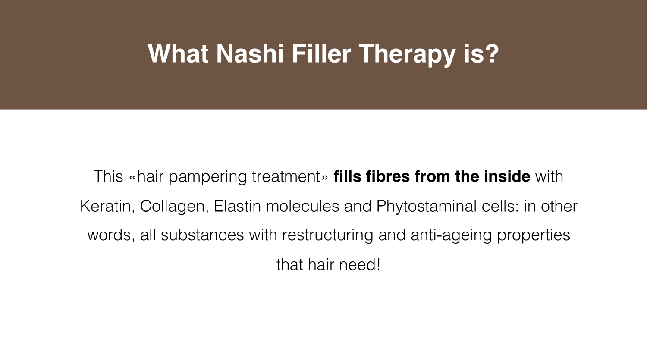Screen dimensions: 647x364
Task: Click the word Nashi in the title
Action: (x=250, y=54)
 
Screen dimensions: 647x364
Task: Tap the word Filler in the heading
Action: (x=321, y=54)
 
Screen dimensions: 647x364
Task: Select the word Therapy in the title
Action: (x=407, y=55)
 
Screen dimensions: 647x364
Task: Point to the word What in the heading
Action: (x=178, y=54)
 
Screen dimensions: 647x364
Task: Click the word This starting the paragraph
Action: (x=108, y=176)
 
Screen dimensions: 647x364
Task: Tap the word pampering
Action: (x=207, y=178)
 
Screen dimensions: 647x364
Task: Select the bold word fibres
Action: (x=388, y=176)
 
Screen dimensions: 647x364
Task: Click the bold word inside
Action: (x=507, y=176)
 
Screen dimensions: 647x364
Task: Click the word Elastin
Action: (x=237, y=206)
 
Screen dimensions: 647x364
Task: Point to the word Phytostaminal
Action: (x=426, y=207)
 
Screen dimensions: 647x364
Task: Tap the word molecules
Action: (x=302, y=206)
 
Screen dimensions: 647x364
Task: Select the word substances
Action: (x=202, y=235)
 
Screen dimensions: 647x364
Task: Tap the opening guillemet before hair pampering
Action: (x=132, y=178)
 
